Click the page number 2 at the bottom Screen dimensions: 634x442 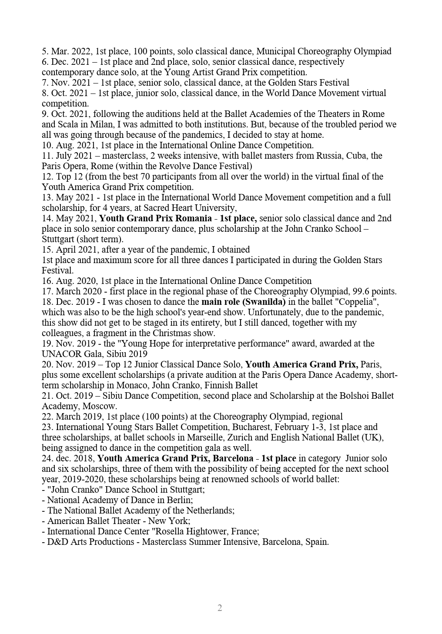pyautogui.click(x=220, y=608)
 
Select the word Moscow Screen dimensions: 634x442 pyautogui.click(x=102, y=406)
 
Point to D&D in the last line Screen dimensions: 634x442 pyautogui.click(x=57, y=542)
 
